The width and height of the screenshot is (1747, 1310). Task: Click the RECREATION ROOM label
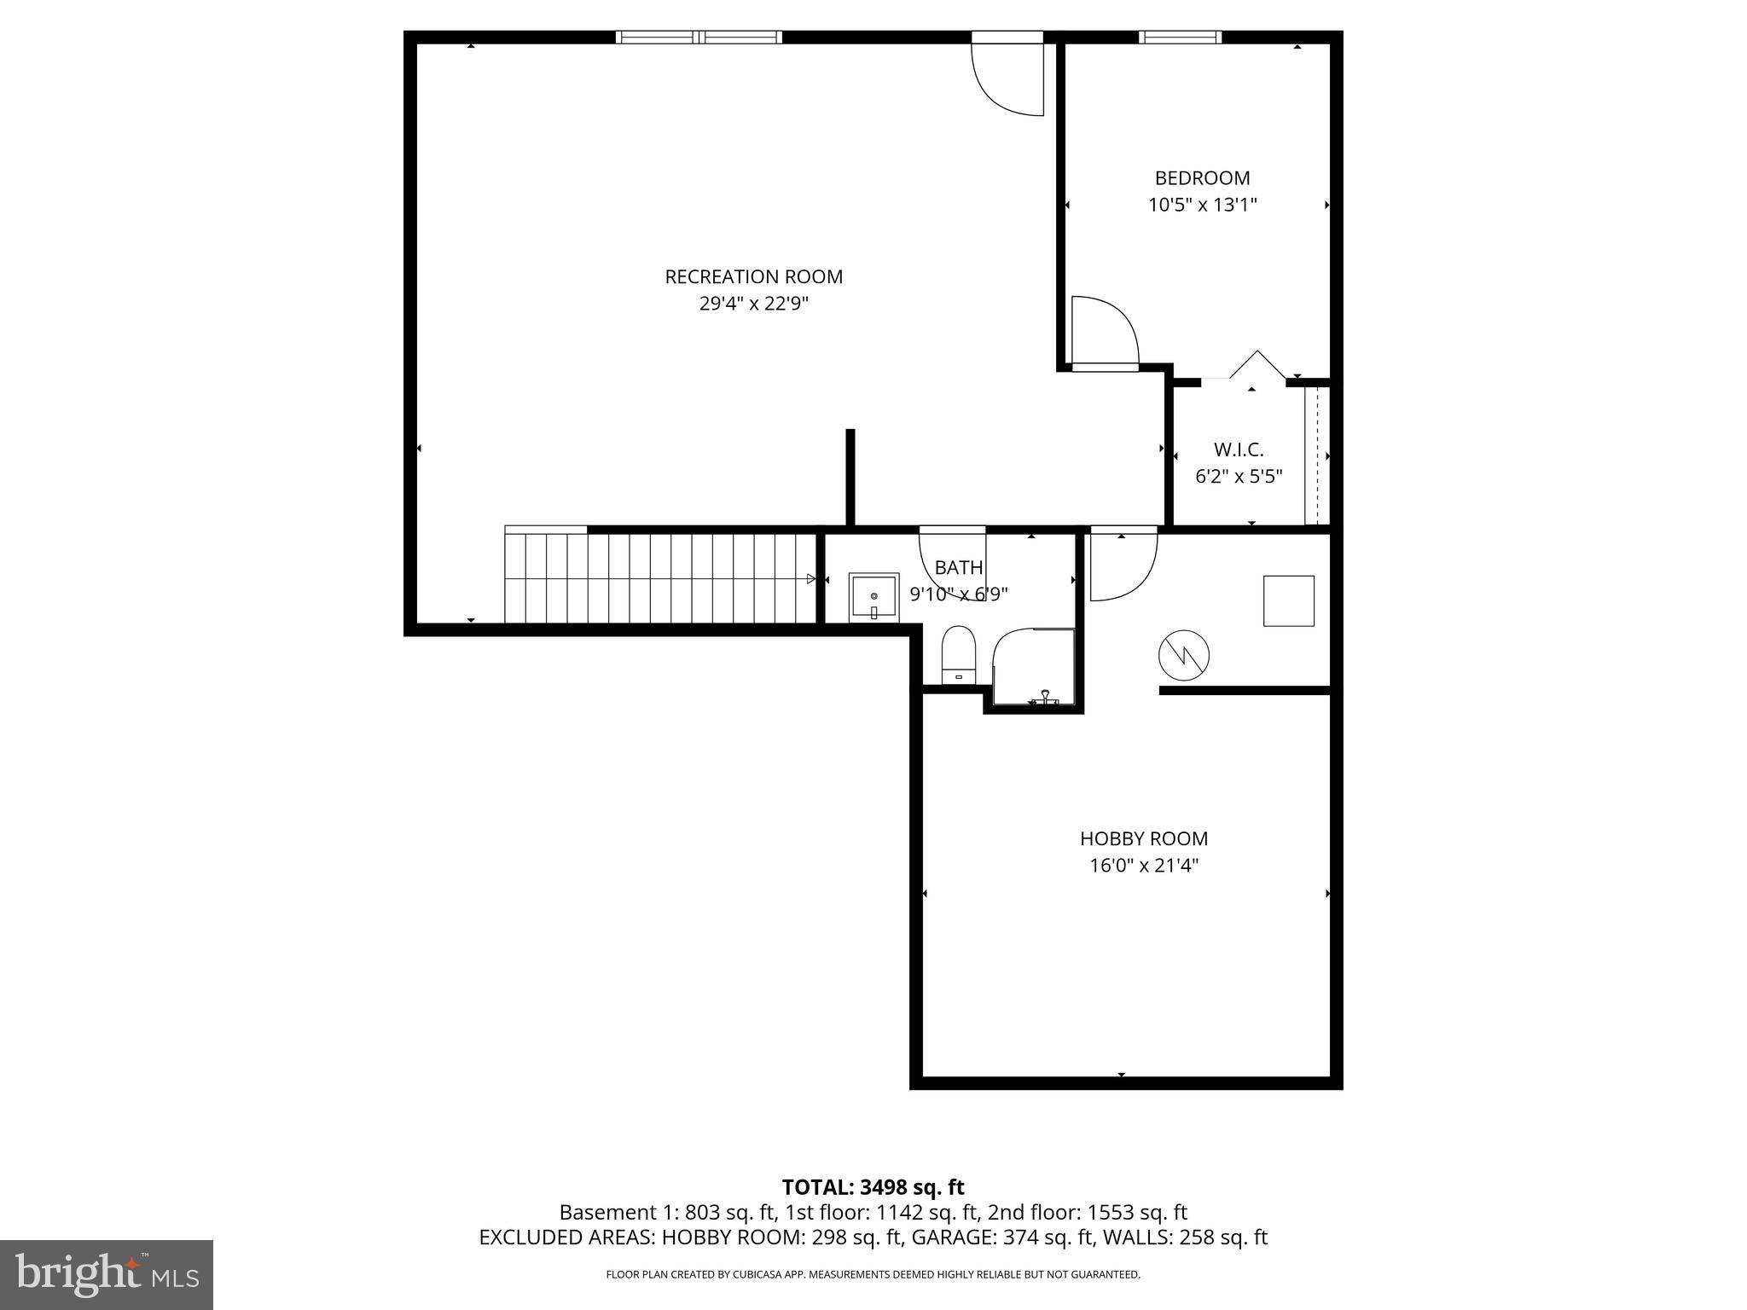click(753, 277)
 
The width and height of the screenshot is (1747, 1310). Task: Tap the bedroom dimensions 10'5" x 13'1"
click(1202, 206)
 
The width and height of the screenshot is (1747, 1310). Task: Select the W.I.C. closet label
click(1238, 449)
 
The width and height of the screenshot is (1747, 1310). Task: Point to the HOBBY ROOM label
click(1143, 838)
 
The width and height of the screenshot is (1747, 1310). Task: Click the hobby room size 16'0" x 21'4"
click(1143, 866)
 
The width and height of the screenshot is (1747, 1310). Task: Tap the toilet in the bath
click(958, 655)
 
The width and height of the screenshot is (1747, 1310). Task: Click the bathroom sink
click(873, 598)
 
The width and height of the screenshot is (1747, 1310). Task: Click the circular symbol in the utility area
click(1183, 656)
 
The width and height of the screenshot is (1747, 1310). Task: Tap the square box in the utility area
click(1288, 601)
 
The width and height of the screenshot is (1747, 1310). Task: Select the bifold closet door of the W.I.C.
click(1256, 367)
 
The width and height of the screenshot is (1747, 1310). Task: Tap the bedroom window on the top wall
click(1180, 38)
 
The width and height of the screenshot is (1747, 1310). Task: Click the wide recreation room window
click(699, 38)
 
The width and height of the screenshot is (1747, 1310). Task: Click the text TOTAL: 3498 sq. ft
click(873, 1187)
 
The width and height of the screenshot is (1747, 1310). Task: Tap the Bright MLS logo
click(107, 1274)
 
